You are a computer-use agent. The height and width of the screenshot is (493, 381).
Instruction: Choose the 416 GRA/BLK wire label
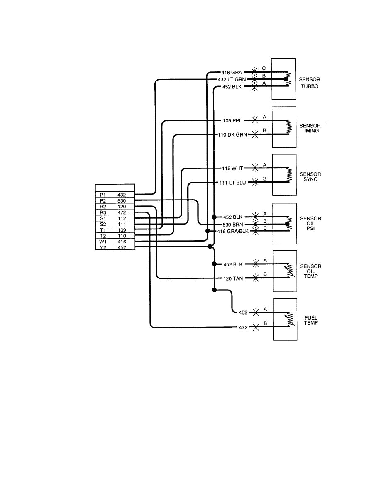point(233,231)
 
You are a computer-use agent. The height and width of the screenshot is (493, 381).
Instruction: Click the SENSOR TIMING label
point(310,128)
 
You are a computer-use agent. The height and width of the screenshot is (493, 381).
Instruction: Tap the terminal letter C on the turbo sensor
point(264,68)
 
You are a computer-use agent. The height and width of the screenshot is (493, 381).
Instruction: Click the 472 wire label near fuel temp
point(242,327)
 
